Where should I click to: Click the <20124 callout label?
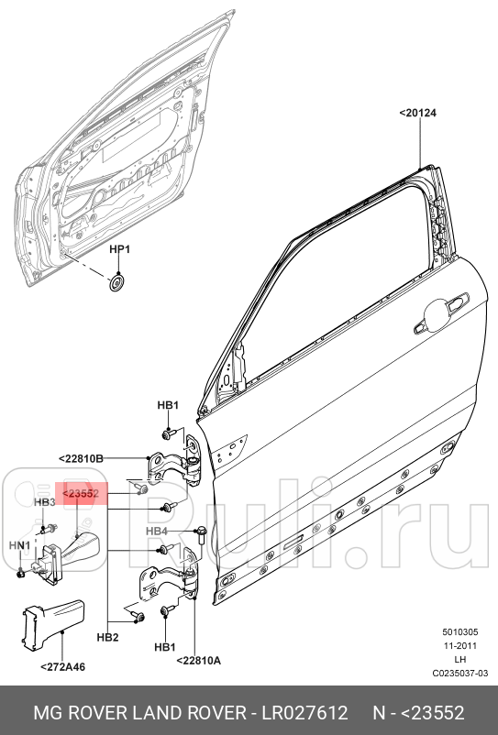coord(417,113)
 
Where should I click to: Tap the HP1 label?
coord(121,249)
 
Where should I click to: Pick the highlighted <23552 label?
coord(81,494)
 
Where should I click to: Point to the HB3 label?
coord(45,502)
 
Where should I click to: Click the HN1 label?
coord(20,545)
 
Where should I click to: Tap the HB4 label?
coord(157,532)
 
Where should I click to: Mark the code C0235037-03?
coord(460,674)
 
